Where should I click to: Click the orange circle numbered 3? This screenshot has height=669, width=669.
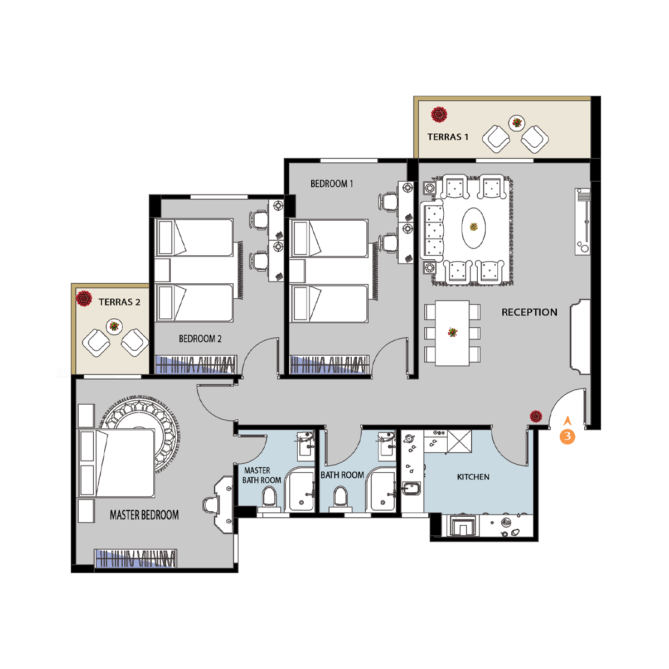click(x=568, y=437)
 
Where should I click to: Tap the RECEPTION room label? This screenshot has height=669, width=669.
click(x=529, y=312)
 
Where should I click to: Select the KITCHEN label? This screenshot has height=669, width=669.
click(x=473, y=477)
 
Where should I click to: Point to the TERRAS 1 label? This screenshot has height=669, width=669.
click(x=448, y=137)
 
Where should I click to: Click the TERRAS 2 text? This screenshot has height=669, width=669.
click(x=119, y=302)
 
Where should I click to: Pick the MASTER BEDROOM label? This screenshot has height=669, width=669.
click(x=144, y=515)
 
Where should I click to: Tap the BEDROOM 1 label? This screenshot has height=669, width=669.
click(x=332, y=183)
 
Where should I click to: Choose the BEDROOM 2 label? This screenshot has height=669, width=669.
click(x=200, y=338)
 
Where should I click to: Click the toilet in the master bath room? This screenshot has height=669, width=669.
click(x=269, y=497)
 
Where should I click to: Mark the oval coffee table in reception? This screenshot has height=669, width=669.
click(x=473, y=228)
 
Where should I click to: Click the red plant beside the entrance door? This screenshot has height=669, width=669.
click(x=536, y=416)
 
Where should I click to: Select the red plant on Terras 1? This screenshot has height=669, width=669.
click(x=439, y=115)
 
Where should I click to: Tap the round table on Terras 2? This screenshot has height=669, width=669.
click(x=114, y=326)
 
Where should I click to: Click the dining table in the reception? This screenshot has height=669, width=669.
click(x=452, y=333)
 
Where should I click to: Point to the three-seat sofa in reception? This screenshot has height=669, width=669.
click(x=432, y=231)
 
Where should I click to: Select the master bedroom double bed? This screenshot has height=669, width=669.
click(x=117, y=463)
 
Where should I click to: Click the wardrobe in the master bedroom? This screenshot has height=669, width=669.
click(x=135, y=559)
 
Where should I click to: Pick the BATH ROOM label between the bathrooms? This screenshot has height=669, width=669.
click(x=342, y=475)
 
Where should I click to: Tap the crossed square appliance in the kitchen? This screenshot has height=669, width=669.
click(x=459, y=441)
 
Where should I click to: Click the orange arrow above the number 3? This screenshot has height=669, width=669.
click(x=568, y=421)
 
